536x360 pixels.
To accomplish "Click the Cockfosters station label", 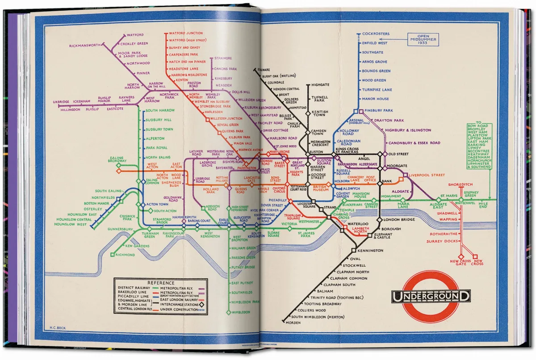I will click(376, 33).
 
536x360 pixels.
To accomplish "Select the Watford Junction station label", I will click(186, 33).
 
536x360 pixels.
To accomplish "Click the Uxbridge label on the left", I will click(62, 102).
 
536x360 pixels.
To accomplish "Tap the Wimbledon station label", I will click(241, 312).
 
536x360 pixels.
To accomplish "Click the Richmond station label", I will click(125, 255).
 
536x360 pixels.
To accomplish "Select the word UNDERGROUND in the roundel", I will click(431, 296).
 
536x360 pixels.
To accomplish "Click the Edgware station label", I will click(264, 70).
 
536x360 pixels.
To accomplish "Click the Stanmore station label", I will click(223, 59).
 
